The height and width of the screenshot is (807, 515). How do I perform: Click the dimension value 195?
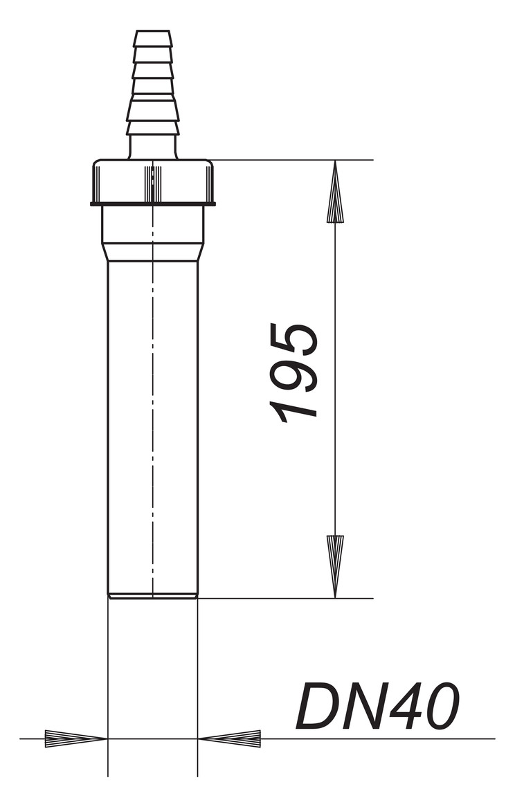(x=293, y=373)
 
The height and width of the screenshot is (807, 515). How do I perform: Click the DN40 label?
(x=377, y=707)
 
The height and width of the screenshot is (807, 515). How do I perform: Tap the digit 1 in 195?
(x=293, y=410)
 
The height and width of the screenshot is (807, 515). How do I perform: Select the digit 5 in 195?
(x=293, y=339)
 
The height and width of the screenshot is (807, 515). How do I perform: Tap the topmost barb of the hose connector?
(x=153, y=38)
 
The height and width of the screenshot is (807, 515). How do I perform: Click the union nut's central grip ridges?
(x=153, y=183)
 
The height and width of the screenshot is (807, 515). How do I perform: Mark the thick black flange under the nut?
(x=153, y=204)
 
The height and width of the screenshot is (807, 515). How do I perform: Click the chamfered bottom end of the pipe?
(x=153, y=595)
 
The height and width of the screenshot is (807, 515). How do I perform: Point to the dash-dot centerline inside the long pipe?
(x=153, y=415)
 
